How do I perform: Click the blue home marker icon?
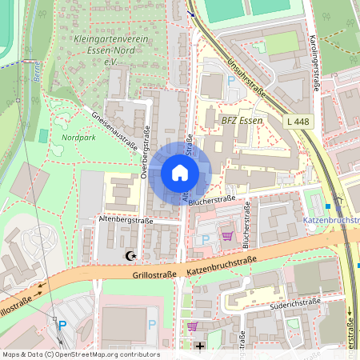[179, 173]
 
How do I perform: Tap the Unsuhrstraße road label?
[250, 78]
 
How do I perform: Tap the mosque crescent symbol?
[132, 257]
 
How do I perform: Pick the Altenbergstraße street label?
[125, 218]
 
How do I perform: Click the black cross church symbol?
[199, 346]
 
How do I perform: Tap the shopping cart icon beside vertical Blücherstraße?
[227, 236]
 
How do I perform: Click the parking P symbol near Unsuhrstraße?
[231, 81]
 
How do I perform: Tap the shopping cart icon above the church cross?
[193, 326]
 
